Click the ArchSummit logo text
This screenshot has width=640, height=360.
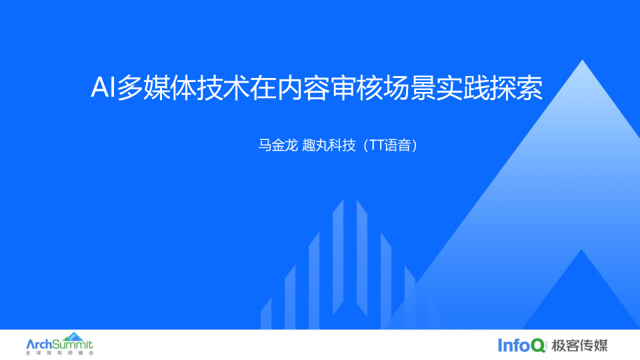59,345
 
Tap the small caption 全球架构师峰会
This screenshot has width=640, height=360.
59,353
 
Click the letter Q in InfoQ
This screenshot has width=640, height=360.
539,345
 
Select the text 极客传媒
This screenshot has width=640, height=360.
580,345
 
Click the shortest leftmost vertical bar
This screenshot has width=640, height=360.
266,313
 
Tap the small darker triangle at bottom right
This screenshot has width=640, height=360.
581,293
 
